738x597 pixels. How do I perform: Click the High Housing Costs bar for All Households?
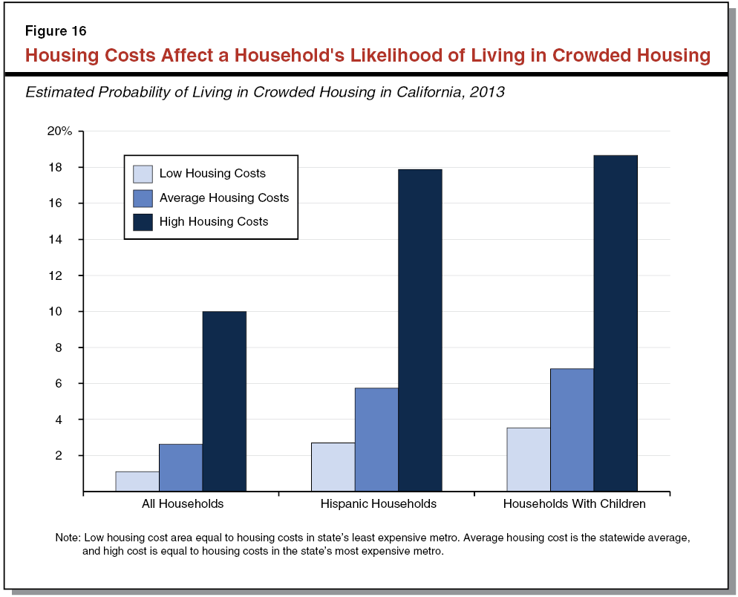coord(224,401)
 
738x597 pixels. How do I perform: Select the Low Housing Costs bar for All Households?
coord(137,481)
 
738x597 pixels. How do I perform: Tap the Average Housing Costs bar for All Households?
coord(180,468)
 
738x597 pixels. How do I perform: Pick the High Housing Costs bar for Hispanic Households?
coord(420,330)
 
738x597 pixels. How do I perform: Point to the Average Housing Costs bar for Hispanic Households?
coord(376,440)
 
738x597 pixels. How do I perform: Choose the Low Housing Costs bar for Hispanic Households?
coord(333,467)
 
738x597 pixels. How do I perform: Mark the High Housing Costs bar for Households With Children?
coord(615,323)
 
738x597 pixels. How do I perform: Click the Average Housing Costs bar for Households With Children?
coord(572,430)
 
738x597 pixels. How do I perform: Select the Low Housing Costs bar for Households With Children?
coord(529,459)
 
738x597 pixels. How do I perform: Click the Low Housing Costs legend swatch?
coord(143,174)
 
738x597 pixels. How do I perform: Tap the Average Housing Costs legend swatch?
coord(143,198)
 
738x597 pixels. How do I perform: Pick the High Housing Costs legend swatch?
coord(143,221)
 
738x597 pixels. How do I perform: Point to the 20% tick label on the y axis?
coord(60,131)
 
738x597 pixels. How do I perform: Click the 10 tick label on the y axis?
coord(65,312)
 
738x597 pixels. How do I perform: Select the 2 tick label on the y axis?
coord(68,455)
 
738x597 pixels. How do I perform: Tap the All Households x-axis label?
coord(183,503)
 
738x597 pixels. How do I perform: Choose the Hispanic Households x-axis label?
coord(379,503)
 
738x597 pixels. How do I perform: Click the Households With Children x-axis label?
coord(574,503)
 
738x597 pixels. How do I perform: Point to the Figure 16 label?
coord(56,31)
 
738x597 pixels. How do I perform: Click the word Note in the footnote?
coord(68,537)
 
